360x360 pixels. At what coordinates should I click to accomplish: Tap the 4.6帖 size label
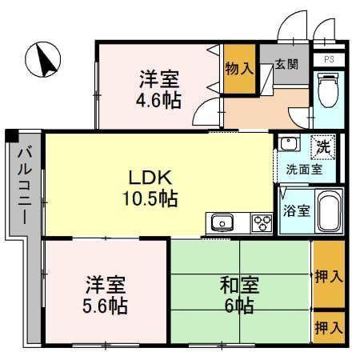(x=158, y=100)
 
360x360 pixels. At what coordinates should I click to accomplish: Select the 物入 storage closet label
(x=239, y=69)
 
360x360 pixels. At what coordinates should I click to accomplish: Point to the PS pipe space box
(x=329, y=60)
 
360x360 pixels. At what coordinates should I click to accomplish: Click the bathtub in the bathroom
(x=329, y=210)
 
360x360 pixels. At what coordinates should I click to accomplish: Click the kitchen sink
(x=222, y=222)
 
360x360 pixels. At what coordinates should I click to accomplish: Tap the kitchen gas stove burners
(x=262, y=222)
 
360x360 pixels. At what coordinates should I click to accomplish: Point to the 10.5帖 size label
(x=150, y=198)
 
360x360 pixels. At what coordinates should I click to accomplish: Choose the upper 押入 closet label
(x=329, y=276)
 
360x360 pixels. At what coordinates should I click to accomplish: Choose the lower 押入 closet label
(x=329, y=327)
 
